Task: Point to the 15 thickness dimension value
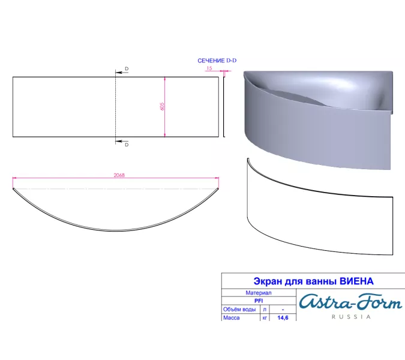(209, 68)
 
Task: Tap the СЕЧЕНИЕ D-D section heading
(221, 61)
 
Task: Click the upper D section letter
(126, 69)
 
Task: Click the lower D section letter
(126, 145)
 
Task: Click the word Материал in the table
(259, 293)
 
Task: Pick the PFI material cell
(259, 301)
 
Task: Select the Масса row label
(232, 317)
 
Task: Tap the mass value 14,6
(283, 317)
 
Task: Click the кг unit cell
(265, 317)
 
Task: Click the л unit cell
(265, 309)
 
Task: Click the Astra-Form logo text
(350, 301)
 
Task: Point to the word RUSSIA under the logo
(351, 317)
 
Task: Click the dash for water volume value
(283, 309)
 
